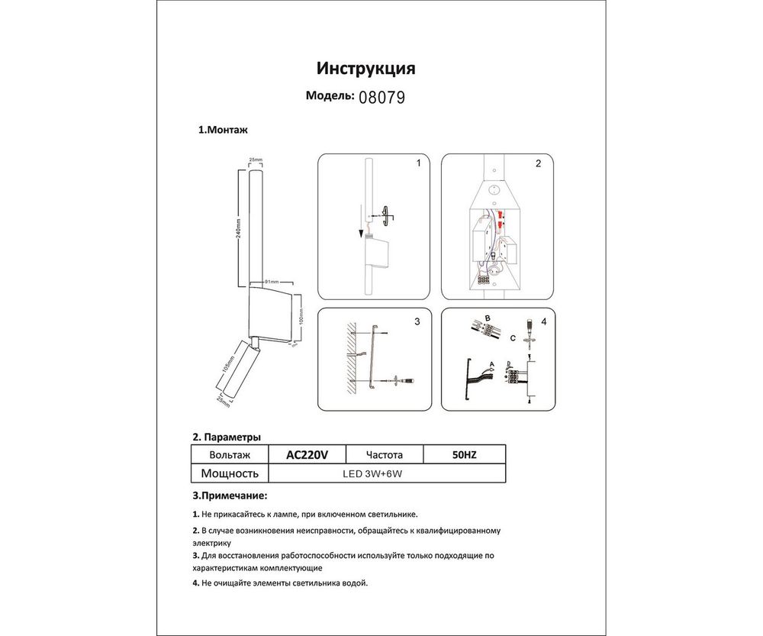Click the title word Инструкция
point(365,69)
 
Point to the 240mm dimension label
point(238,225)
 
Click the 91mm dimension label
point(270,282)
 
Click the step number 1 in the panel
point(417,164)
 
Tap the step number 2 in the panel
point(538,164)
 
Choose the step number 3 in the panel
point(417,322)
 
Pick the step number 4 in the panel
point(542,322)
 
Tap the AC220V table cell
point(307,454)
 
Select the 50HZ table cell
point(465,454)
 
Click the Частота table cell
point(385,454)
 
